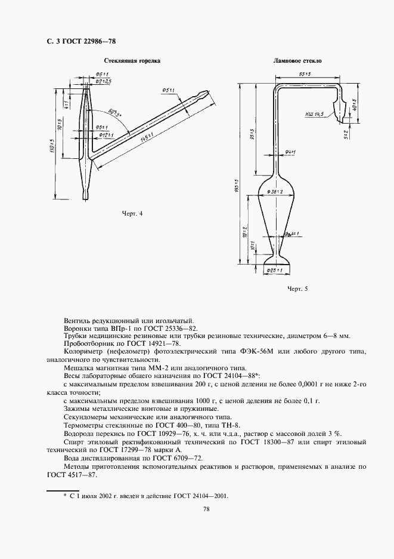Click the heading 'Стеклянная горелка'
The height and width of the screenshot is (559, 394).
point(132,61)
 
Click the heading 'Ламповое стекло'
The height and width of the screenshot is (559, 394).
point(297,61)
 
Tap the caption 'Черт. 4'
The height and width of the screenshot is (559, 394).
point(133,213)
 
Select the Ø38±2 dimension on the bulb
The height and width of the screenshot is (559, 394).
point(272,191)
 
